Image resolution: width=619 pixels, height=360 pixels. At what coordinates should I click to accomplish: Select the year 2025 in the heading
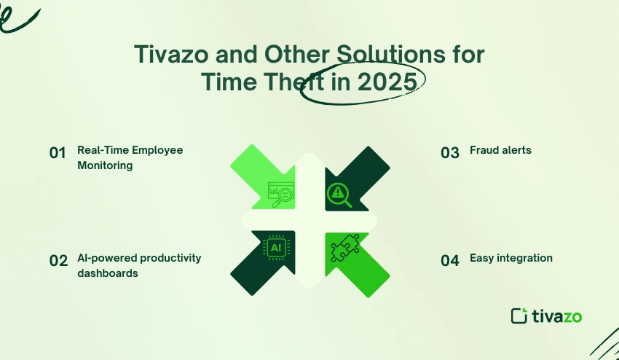coord(387,82)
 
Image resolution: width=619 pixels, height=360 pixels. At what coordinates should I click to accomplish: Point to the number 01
coord(58,153)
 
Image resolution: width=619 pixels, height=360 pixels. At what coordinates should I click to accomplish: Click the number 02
coord(58,261)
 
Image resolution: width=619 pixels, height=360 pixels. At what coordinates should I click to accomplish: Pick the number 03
coord(450,153)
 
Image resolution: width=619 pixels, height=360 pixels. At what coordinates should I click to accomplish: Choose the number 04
coord(450,261)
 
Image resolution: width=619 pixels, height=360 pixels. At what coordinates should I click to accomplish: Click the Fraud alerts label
coord(500,150)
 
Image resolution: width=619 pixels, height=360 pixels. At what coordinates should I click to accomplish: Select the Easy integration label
coord(510,258)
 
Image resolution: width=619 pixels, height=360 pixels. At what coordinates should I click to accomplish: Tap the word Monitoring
coord(105,165)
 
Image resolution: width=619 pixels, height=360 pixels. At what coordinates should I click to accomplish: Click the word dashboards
coord(108,273)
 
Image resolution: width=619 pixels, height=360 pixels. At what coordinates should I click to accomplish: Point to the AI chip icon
coord(276,249)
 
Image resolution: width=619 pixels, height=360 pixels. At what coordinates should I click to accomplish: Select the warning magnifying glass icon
coord(338,192)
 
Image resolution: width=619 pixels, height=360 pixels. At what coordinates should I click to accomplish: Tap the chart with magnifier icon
coord(280,194)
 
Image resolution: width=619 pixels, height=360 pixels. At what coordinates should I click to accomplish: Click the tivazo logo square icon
coord(519,316)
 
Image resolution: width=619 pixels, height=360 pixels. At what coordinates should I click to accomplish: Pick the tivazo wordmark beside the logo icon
coord(556,316)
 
